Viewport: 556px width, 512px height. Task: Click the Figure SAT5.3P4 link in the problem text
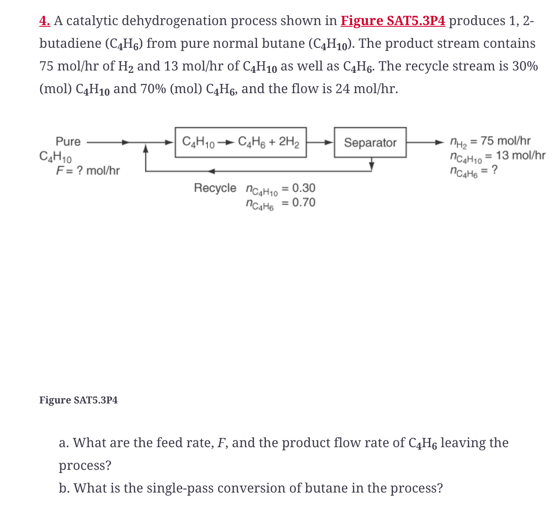tap(393, 21)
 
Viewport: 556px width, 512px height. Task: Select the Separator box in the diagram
tap(370, 143)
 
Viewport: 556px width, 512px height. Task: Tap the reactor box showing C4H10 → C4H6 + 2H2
tap(240, 142)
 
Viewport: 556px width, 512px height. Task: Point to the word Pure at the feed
tap(68, 141)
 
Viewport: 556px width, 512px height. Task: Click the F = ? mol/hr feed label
tap(88, 171)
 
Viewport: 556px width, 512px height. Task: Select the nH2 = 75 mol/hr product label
tap(490, 141)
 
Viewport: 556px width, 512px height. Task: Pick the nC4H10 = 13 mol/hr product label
tap(497, 156)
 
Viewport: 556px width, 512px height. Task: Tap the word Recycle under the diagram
tap(215, 188)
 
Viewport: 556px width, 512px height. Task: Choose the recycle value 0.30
tap(303, 188)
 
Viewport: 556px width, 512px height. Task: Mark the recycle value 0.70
tap(303, 203)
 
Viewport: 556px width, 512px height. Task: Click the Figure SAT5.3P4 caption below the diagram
tap(79, 400)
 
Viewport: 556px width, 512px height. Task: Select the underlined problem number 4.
tap(45, 21)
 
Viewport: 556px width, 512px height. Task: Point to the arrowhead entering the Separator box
tap(330, 142)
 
